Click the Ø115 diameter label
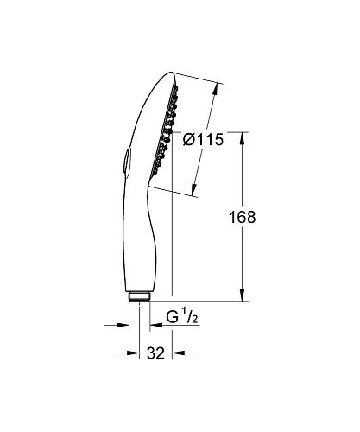(x=206, y=141)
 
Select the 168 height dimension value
(x=243, y=218)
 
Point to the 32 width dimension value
(x=155, y=353)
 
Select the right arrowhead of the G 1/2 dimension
(x=154, y=325)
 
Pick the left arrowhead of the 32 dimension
(x=133, y=353)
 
